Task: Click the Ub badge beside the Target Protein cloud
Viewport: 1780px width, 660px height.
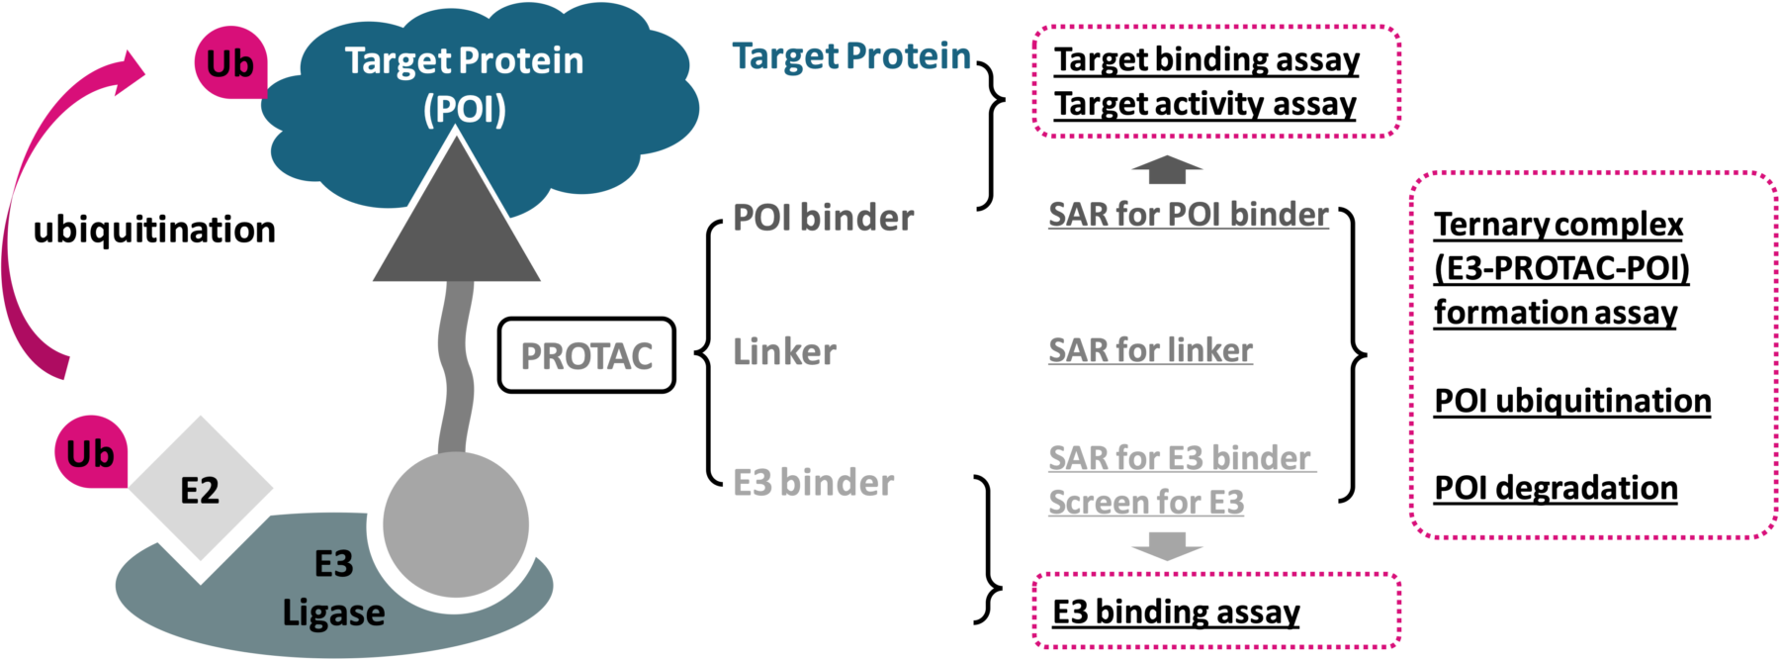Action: pos(230,64)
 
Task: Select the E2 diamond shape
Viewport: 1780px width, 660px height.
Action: pos(200,489)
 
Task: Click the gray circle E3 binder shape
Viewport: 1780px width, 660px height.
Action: pos(455,525)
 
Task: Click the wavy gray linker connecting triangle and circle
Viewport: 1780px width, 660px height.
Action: pos(456,366)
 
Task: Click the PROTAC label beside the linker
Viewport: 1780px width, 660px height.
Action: pos(586,356)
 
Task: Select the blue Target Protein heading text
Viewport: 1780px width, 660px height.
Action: pos(851,56)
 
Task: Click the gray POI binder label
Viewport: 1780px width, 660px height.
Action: pos(823,218)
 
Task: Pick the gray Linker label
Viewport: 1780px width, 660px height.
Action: pos(784,351)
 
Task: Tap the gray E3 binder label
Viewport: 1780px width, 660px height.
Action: pos(813,483)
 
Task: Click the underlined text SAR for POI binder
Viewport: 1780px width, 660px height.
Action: pos(1189,214)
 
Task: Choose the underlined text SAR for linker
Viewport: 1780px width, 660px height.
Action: pos(1150,349)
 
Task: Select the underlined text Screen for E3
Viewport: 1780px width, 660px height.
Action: pos(1146,503)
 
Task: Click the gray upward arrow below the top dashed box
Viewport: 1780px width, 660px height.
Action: pos(1167,170)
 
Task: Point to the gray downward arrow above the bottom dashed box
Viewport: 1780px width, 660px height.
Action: pos(1167,545)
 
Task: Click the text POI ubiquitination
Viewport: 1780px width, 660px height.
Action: pos(1572,401)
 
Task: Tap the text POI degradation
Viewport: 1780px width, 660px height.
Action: pos(1556,488)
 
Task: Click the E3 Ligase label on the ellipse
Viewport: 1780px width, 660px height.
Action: pos(333,589)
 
